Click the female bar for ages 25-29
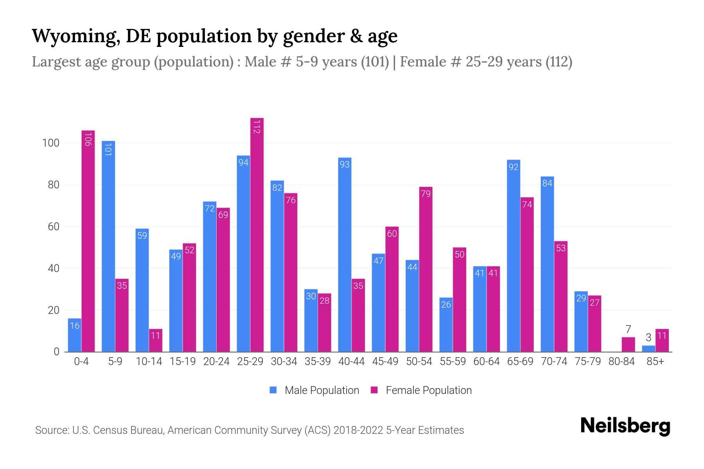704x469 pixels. tap(257, 234)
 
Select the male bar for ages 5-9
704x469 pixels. tap(108, 246)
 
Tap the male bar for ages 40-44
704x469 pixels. tap(345, 254)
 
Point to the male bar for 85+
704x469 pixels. tap(648, 349)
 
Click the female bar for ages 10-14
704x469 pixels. tap(156, 340)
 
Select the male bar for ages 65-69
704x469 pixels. tap(514, 256)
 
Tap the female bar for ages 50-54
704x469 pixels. tap(426, 269)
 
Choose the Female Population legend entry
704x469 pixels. tap(421, 390)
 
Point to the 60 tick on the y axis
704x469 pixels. tap(54, 227)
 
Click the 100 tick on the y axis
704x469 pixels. tap(51, 143)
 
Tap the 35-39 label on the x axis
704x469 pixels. tap(318, 362)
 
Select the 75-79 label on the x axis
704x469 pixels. tap(588, 362)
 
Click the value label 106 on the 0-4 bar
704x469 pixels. tap(88, 140)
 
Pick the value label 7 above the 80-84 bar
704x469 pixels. tap(628, 329)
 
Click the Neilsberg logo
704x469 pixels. tap(625, 426)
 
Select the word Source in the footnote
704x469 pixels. tap(51, 430)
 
